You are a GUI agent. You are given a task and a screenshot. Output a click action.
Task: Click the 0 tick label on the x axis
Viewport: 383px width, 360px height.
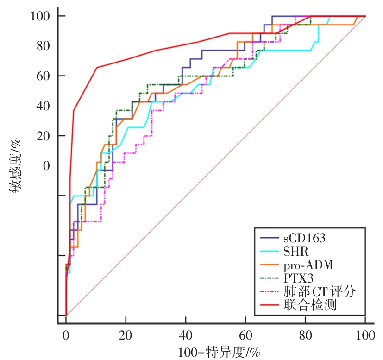tap(66, 334)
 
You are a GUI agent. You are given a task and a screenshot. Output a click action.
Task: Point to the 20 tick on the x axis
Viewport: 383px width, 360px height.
tap(126, 334)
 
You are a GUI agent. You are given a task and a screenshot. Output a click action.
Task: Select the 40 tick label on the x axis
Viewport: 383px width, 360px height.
tap(186, 334)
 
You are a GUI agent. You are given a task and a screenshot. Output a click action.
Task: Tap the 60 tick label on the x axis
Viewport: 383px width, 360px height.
tap(245, 334)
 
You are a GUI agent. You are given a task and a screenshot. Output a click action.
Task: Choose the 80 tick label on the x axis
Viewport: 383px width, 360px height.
tap(305, 334)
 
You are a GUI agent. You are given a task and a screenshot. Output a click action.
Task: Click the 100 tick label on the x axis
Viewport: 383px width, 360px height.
tap(365, 334)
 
